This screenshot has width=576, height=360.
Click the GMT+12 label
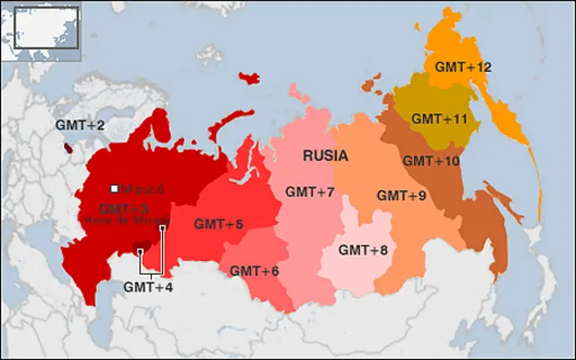click(x=463, y=67)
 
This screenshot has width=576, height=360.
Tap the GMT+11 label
click(x=439, y=118)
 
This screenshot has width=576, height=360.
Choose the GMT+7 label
click(x=310, y=192)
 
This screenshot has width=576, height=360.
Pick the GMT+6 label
click(x=255, y=271)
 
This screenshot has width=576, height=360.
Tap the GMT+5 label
click(x=220, y=224)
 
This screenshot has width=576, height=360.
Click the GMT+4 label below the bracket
click(x=148, y=288)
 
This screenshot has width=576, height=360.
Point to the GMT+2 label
click(x=80, y=125)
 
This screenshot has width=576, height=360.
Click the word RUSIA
click(x=325, y=156)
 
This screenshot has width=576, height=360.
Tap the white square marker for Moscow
click(x=114, y=188)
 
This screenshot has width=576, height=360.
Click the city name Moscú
click(x=136, y=189)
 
